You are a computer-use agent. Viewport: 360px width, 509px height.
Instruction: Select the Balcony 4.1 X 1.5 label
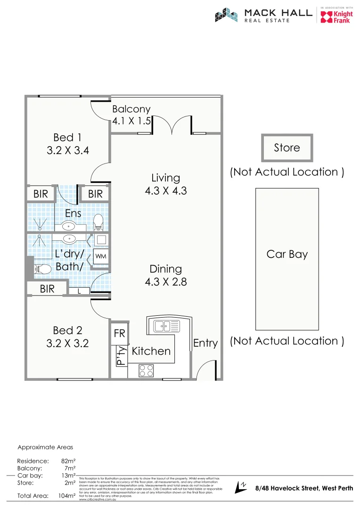[131, 115]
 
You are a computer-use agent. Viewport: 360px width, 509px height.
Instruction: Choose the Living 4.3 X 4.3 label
[165, 184]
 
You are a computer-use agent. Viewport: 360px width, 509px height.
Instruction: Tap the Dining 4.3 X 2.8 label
[165, 275]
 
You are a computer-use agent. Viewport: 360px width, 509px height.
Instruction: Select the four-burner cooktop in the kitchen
[146, 370]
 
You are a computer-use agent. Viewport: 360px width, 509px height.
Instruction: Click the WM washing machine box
[101, 256]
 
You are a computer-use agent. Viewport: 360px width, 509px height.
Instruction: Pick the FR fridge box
[119, 333]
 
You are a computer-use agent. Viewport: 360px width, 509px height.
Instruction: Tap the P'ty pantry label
[120, 356]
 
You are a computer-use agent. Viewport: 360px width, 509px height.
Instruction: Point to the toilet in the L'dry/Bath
[42, 269]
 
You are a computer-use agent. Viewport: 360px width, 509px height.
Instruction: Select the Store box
[286, 148]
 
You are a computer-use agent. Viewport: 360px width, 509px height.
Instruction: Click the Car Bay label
[286, 254]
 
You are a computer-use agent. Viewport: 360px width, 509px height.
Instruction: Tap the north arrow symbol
[243, 487]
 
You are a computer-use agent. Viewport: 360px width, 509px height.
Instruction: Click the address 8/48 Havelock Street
[303, 488]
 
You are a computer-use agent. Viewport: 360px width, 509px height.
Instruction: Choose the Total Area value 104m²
[65, 496]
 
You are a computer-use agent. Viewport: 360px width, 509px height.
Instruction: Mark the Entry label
[205, 343]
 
